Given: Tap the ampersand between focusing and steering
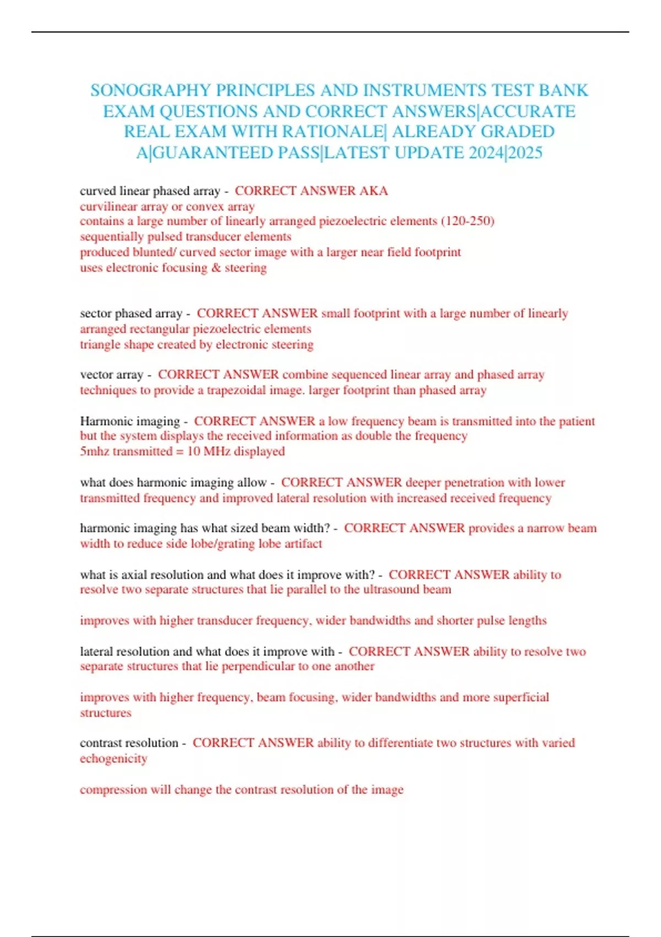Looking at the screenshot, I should click(x=216, y=268).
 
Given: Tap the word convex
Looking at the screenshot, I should click(x=205, y=207).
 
